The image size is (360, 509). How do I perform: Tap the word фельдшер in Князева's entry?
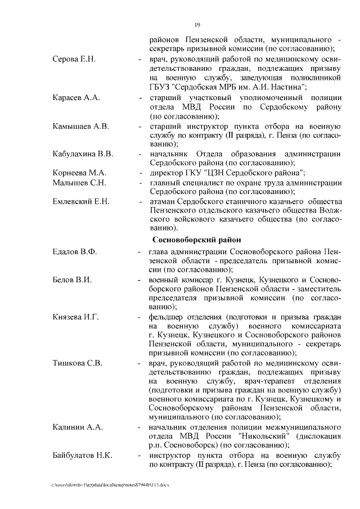[169, 317]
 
